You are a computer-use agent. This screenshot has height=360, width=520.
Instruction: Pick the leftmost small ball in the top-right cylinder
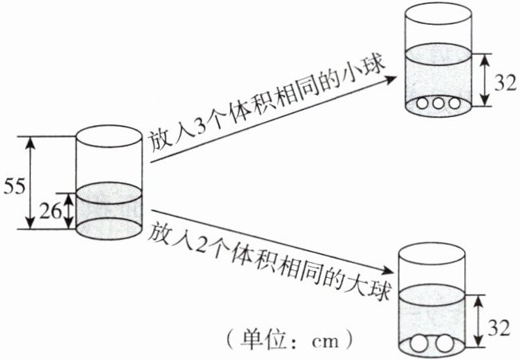pos(423,104)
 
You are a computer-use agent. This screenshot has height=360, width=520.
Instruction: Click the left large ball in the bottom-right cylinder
pos(421,346)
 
